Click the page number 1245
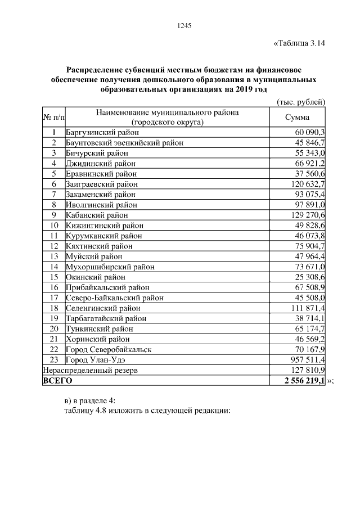184,25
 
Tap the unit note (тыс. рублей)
301,101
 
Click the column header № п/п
53,116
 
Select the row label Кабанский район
97,215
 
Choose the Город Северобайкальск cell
109,349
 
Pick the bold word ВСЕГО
58,381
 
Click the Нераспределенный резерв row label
91,370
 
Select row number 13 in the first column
54,256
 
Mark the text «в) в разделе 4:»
90,400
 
